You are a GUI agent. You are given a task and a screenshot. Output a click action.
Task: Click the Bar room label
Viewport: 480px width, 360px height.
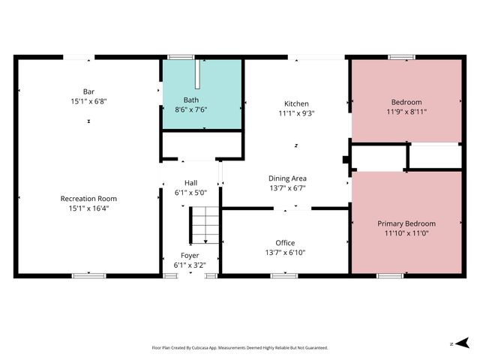[88, 91]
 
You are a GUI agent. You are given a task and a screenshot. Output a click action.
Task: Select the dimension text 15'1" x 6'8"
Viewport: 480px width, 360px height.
[88, 101]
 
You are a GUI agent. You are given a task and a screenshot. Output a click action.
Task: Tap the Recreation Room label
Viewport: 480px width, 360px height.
[88, 199]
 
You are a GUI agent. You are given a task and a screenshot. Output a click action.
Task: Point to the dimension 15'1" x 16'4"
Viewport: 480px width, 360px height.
[88, 208]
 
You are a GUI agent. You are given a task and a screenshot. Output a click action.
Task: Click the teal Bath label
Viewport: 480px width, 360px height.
[192, 100]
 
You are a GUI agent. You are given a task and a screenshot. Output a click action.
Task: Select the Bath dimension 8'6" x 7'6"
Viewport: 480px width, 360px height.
[192, 109]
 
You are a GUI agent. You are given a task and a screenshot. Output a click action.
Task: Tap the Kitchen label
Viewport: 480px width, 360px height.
[296, 103]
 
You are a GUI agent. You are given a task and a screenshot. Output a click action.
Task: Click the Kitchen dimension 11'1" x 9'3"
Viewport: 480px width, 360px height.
[296, 114]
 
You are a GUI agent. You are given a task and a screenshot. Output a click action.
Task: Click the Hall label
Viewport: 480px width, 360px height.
[190, 182]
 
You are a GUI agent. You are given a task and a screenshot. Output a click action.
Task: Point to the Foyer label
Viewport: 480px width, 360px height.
[190, 255]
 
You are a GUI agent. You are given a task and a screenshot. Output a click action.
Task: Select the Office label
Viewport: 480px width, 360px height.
[285, 243]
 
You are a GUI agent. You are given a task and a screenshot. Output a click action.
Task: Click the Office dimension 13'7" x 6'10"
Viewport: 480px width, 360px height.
[285, 253]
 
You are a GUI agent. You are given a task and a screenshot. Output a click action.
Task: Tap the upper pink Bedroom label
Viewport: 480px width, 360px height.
[406, 102]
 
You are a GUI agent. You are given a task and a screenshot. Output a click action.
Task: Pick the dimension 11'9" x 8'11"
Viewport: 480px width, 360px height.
[406, 112]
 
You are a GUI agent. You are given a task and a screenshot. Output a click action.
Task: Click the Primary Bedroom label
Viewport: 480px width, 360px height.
[406, 223]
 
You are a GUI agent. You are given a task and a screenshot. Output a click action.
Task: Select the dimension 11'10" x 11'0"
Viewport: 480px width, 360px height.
[406, 233]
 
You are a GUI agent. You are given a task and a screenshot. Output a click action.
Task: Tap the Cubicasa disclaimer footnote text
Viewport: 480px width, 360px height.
[240, 348]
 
